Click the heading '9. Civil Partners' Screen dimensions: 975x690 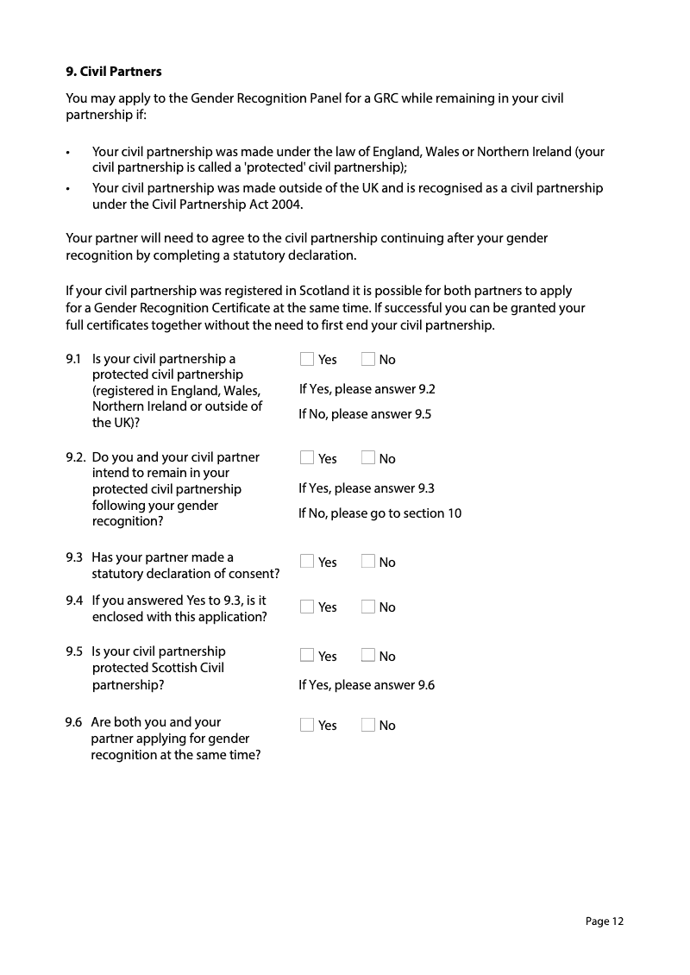(x=114, y=71)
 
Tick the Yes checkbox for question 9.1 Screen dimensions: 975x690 (x=307, y=359)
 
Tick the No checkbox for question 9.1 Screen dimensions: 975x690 (x=368, y=359)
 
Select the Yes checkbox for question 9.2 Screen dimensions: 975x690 (x=307, y=458)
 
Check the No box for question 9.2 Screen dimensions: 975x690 (x=368, y=458)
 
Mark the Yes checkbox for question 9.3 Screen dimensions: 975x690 (x=307, y=562)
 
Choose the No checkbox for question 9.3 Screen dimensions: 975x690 (x=368, y=562)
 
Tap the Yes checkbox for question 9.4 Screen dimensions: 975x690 (x=307, y=607)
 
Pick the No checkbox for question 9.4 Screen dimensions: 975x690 (x=368, y=607)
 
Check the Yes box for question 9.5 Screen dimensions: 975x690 (x=307, y=656)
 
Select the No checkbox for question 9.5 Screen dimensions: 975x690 (x=368, y=656)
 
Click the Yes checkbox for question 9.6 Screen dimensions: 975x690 (x=307, y=725)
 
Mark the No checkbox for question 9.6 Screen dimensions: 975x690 (x=368, y=725)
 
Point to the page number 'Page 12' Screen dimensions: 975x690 (x=604, y=922)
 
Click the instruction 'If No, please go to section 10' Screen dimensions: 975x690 (x=379, y=513)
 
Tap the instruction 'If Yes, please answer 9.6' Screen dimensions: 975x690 (x=367, y=685)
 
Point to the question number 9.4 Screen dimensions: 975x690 (x=74, y=601)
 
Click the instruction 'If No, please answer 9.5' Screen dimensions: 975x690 (x=365, y=414)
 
